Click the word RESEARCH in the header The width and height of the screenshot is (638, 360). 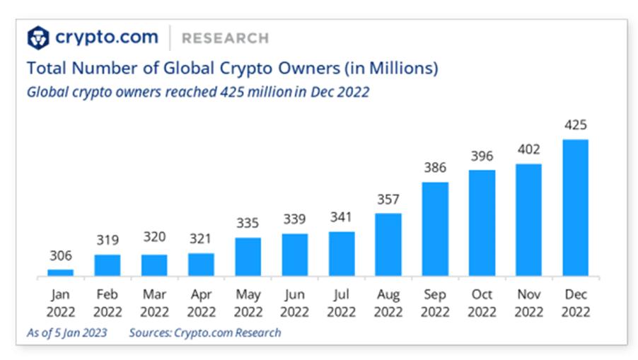[x=225, y=38]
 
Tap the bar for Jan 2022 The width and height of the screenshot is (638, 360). [x=60, y=272]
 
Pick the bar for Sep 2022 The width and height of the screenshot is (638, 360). [x=435, y=229]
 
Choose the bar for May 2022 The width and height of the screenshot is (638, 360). [x=248, y=257]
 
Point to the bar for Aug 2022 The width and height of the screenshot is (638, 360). [x=388, y=244]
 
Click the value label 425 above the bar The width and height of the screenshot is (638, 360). [x=576, y=125]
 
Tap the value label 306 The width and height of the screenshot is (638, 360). [x=60, y=255]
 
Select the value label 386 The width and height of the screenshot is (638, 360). [x=435, y=168]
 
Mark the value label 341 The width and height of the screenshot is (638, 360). [x=342, y=218]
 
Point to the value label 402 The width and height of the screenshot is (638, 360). [x=528, y=150]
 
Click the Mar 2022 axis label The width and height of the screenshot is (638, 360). [x=154, y=303]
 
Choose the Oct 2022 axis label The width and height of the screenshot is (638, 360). [x=482, y=303]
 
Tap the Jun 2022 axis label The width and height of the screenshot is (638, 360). [x=295, y=303]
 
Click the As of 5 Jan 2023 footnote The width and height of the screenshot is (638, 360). [x=68, y=332]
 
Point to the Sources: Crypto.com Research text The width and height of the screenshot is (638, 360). [x=204, y=332]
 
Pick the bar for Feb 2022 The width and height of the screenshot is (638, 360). [x=108, y=265]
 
